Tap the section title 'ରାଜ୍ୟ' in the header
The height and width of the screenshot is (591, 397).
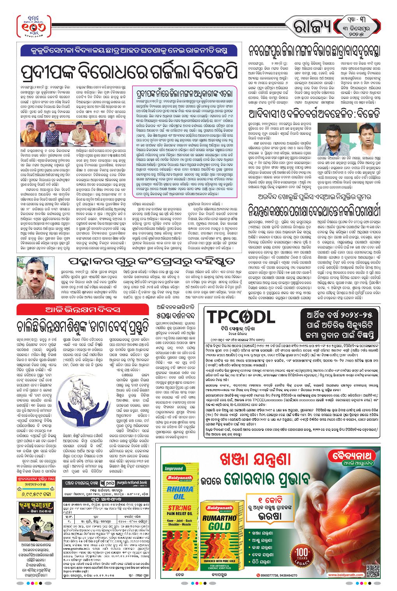(313, 27)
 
